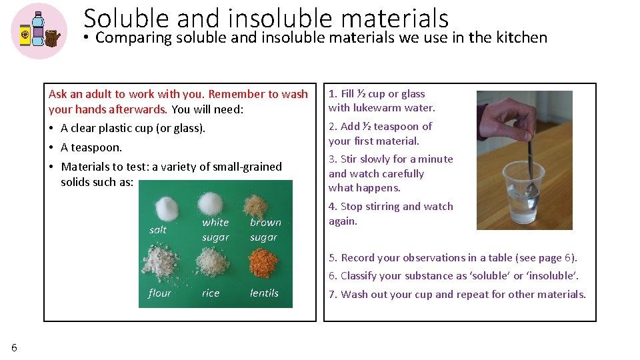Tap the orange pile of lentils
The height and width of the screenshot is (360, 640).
point(263,263)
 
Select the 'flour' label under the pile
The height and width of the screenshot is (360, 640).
point(159,293)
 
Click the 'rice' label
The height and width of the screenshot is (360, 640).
point(211,293)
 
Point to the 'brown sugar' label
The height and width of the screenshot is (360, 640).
point(265,230)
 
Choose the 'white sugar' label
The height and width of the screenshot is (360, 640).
point(215,230)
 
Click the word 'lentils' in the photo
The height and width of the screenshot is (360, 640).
point(264,293)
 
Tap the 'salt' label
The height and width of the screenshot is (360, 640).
point(158,230)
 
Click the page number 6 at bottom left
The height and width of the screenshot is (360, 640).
point(14,347)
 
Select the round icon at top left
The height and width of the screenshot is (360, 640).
point(39,31)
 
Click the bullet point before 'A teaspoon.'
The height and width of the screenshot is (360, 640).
point(52,147)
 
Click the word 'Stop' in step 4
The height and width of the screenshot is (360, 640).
point(352,207)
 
